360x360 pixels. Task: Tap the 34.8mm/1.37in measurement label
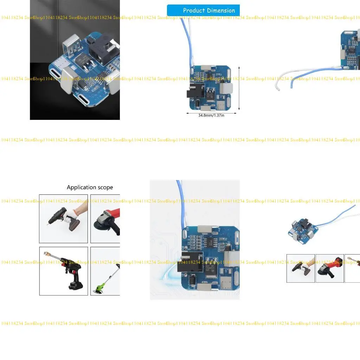coord(211,115)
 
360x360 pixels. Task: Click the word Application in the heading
coord(81,187)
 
